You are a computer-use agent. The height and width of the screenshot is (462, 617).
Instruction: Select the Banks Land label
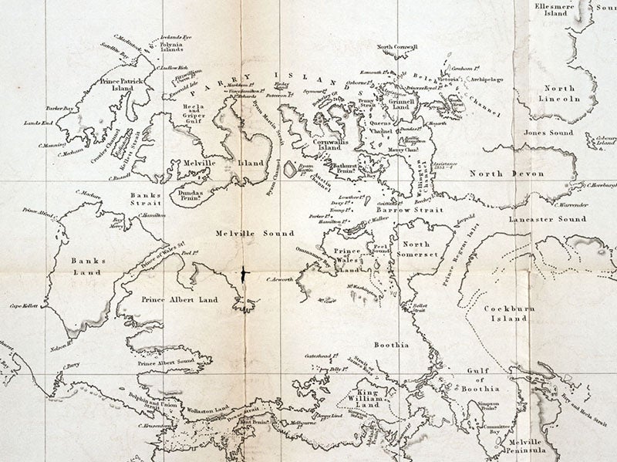pyautogui.click(x=87, y=267)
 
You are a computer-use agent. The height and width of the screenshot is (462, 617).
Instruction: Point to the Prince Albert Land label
pyautogui.click(x=180, y=299)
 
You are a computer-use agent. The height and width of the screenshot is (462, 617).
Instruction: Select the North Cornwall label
pyautogui.click(x=397, y=47)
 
